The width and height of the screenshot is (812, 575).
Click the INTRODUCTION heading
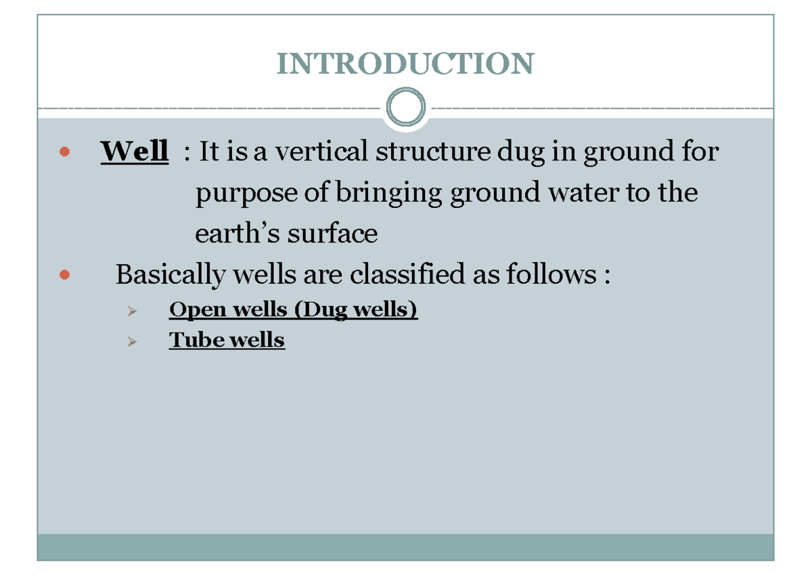tap(405, 64)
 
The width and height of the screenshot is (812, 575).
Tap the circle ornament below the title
tap(405, 108)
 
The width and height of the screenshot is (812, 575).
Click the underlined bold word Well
tap(135, 151)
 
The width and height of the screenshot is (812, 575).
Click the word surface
tap(332, 234)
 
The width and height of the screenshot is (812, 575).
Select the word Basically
tap(169, 275)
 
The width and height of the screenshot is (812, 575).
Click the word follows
tap(538, 275)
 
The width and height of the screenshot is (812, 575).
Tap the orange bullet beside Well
tap(64, 152)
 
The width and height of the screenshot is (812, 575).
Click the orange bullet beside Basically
tap(64, 275)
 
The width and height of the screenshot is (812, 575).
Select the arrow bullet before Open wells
tap(131, 312)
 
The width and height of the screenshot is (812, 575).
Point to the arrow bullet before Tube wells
tap(131, 342)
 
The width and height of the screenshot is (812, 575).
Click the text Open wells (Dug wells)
tap(293, 310)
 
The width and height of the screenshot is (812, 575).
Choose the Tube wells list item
tap(227, 340)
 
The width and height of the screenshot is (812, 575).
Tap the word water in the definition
tap(585, 194)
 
